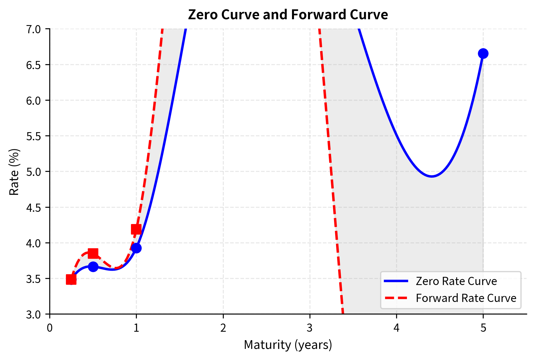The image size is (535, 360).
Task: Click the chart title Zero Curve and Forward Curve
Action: coord(288,15)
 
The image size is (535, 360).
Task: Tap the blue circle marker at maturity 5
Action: coord(483,54)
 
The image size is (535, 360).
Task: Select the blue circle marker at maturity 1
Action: coord(136,248)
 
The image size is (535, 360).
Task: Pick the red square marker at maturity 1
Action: coord(136,229)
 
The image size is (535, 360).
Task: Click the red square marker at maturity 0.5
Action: coord(93,253)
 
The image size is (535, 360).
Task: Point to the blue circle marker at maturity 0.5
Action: coord(93,267)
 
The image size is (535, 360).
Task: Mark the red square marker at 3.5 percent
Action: coord(71,279)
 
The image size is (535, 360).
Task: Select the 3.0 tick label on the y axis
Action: coord(34,314)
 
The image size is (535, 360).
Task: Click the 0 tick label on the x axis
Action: coord(50,328)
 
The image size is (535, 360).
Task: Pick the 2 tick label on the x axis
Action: coord(223,328)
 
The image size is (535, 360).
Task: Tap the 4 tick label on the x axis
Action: coord(396,328)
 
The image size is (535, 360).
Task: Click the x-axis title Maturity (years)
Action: coord(288,345)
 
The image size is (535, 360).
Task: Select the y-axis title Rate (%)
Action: coord(14,172)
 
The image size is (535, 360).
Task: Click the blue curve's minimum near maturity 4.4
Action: coord(431,176)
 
